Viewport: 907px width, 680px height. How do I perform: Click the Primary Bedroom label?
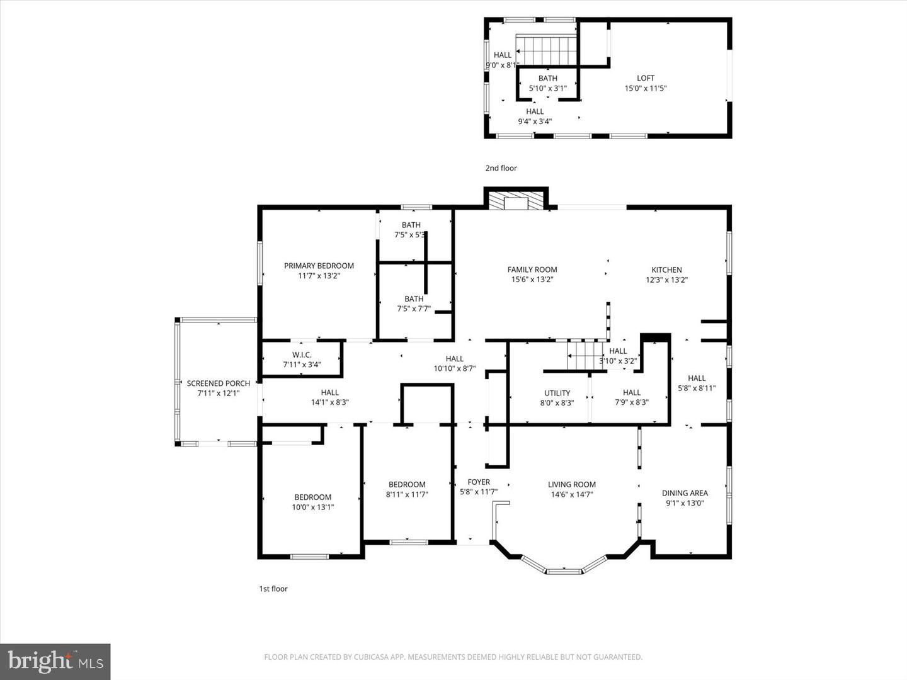(319, 266)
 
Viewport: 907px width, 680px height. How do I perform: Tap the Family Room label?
(532, 269)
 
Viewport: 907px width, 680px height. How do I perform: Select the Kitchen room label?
(666, 269)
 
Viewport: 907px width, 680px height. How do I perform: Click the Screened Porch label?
(219, 383)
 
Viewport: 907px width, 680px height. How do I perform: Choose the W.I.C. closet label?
(302, 354)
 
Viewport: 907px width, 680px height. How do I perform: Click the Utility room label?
(557, 393)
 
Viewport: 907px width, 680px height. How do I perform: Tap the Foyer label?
(479, 482)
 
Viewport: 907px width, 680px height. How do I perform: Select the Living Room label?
(571, 484)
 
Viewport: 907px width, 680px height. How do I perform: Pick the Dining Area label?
(685, 493)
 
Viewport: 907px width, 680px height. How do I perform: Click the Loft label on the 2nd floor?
(646, 78)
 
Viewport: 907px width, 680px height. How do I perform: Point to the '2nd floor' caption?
(501, 168)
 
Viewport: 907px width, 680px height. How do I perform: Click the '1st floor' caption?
(273, 589)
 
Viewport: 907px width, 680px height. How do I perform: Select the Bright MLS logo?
(55, 661)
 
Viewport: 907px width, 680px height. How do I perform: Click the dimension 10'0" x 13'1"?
(313, 507)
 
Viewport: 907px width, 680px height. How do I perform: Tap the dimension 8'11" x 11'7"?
(407, 494)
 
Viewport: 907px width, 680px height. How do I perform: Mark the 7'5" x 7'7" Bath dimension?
(414, 309)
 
